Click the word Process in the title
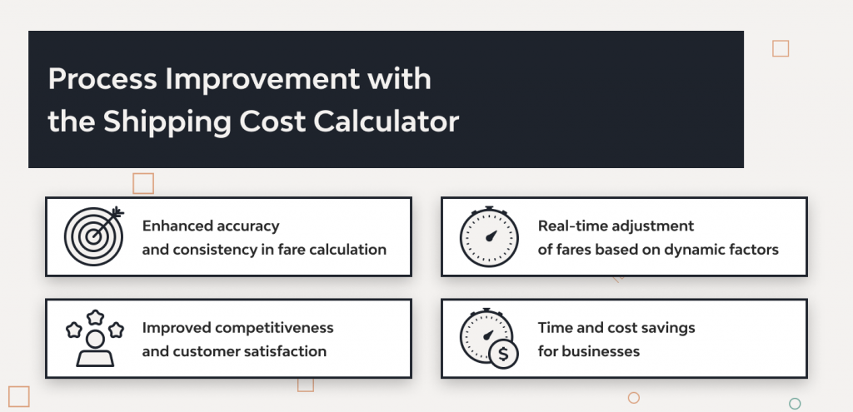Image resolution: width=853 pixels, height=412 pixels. pyautogui.click(x=102, y=80)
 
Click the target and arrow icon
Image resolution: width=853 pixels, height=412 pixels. pyautogui.click(x=93, y=236)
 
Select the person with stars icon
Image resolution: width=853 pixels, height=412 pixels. pyautogui.click(x=94, y=339)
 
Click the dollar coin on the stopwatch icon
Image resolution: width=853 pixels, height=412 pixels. pyautogui.click(x=503, y=353)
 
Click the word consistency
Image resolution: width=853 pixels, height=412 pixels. pyautogui.click(x=215, y=250)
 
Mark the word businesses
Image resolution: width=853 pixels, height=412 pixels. pyautogui.click(x=601, y=351)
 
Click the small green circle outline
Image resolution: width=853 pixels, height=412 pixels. pyautogui.click(x=795, y=404)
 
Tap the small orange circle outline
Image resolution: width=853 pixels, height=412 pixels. pyautogui.click(x=634, y=398)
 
